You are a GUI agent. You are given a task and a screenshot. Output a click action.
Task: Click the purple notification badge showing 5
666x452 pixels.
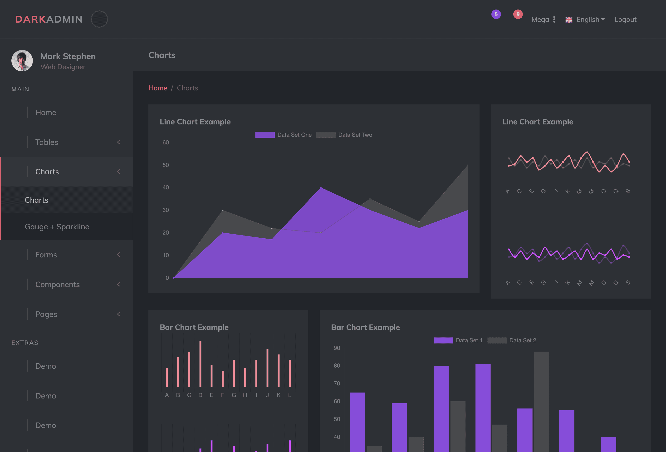(x=496, y=14)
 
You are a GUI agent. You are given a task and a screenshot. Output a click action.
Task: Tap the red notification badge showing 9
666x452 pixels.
(x=518, y=14)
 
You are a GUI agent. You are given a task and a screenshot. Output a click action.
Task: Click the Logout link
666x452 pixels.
(x=625, y=20)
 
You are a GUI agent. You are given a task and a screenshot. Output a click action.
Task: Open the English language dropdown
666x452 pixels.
(x=585, y=20)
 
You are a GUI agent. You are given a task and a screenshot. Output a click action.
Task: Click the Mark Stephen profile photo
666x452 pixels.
(x=22, y=61)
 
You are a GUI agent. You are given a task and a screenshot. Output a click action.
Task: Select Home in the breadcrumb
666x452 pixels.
(x=158, y=88)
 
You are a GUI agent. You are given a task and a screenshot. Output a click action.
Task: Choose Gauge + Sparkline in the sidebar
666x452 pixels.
(x=57, y=227)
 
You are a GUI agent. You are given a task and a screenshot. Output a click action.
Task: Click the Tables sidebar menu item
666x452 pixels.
(x=47, y=142)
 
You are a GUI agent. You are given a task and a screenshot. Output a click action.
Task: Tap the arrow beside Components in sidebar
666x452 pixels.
(x=118, y=284)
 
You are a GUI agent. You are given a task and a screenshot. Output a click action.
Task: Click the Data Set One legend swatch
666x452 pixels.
(x=265, y=135)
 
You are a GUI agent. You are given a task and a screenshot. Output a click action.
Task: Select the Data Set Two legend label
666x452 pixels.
(x=355, y=135)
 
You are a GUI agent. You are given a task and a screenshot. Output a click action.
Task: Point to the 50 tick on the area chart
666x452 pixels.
(x=166, y=165)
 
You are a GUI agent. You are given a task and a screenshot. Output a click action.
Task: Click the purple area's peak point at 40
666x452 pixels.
(x=321, y=187)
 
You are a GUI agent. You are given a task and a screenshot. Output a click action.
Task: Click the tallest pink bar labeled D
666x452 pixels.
(x=200, y=364)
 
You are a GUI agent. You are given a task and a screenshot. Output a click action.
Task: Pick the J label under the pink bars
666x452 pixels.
(x=267, y=395)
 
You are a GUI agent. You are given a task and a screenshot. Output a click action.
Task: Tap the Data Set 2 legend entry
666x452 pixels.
(x=512, y=340)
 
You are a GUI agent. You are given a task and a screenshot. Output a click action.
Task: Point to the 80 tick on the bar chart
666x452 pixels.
(x=337, y=365)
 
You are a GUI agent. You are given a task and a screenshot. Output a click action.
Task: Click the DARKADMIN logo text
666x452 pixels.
(x=49, y=19)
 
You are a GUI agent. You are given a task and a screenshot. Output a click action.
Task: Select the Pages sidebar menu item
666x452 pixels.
(x=46, y=314)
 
